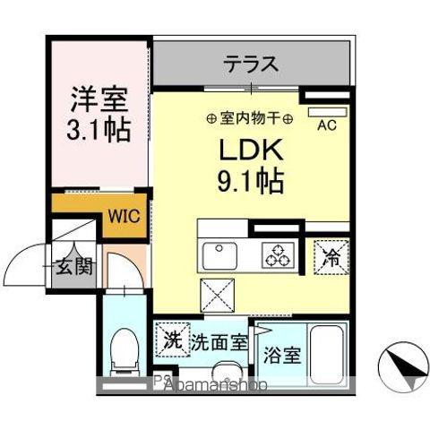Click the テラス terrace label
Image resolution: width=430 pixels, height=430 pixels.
tap(251, 64)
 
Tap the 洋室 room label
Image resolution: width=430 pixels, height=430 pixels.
tap(98, 97)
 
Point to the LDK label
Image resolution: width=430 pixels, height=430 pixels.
tap(250, 149)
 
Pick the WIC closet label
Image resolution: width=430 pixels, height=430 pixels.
tap(125, 215)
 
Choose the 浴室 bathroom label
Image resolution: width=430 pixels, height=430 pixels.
tap(282, 352)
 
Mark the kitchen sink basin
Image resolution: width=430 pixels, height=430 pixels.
tap(220, 257)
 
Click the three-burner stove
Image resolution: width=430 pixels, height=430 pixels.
tap(275, 255)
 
